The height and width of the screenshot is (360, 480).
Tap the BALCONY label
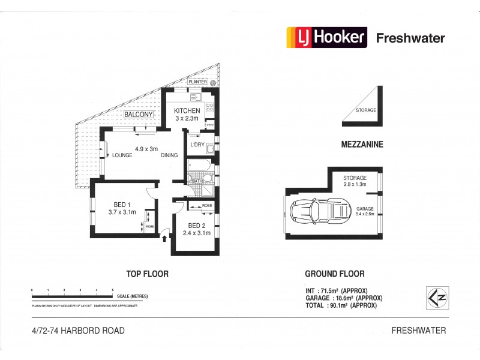click(139, 115)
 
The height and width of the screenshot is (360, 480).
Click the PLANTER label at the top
click(198, 82)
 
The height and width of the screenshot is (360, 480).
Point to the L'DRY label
click(197, 145)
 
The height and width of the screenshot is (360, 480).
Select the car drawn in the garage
click(319, 212)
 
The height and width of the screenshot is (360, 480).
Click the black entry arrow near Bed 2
click(165, 239)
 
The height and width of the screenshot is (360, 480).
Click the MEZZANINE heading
click(362, 145)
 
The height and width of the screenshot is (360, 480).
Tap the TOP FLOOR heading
click(147, 274)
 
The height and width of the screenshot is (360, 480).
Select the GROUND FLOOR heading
click(334, 274)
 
